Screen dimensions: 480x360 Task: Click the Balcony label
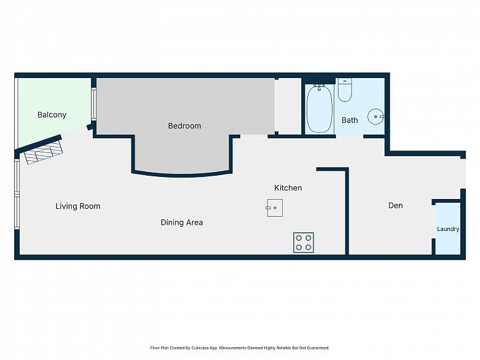click(52, 115)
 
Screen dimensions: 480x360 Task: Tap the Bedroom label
click(184, 126)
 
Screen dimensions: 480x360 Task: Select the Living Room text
click(78, 206)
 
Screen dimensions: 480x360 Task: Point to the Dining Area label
click(182, 222)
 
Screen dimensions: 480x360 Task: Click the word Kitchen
click(288, 188)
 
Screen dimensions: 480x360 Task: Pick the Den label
click(396, 206)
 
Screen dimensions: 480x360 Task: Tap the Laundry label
click(448, 229)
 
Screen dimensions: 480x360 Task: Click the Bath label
click(350, 120)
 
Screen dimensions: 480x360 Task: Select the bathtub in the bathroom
click(320, 109)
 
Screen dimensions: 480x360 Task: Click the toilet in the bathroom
click(345, 90)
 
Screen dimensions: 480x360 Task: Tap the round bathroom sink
click(376, 117)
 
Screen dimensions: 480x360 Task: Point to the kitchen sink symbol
click(275, 208)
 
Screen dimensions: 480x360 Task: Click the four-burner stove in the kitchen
click(304, 243)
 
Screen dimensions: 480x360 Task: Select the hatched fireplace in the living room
click(44, 153)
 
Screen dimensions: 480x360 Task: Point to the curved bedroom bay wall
click(182, 174)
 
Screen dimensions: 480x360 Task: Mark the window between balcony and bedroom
click(93, 104)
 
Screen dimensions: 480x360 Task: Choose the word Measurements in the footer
click(233, 348)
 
